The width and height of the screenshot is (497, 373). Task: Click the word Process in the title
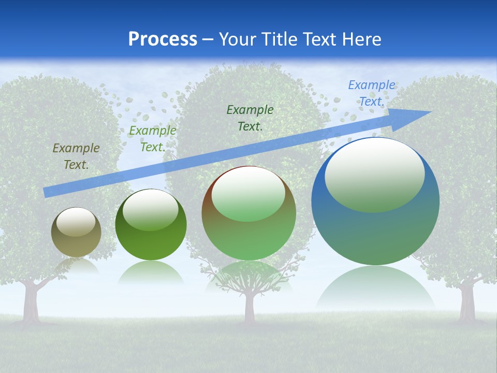coord(163,39)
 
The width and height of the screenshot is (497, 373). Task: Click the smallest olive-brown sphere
coord(76,232)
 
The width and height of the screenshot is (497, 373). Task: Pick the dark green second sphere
coord(151,224)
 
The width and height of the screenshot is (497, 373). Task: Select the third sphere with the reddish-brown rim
coord(249,213)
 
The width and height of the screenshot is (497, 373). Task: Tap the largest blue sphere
coord(375,201)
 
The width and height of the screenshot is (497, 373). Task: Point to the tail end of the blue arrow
coord(45,193)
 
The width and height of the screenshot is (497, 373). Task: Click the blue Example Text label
coord(372,93)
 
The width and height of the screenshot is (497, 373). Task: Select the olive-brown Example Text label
coord(76,156)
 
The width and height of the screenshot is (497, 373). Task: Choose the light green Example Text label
coord(152,139)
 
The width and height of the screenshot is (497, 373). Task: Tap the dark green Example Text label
coord(250,118)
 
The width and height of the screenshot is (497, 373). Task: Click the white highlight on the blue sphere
coord(375,175)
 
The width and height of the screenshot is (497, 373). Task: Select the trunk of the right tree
coord(467,303)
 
